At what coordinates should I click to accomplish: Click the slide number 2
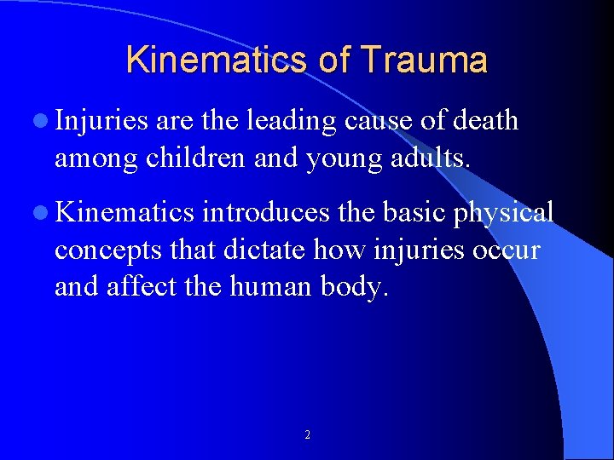[307, 434]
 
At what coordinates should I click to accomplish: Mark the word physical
[504, 212]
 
